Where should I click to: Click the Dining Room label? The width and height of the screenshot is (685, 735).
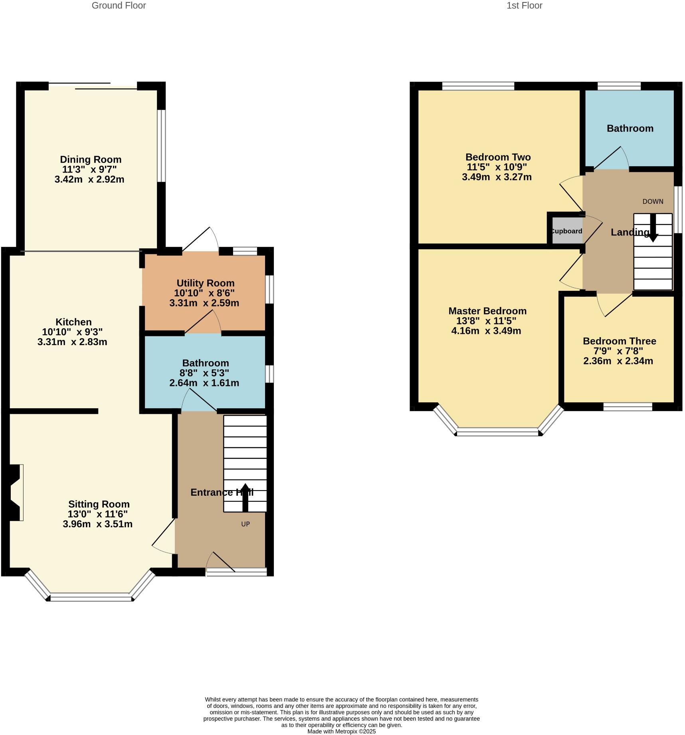tap(91, 159)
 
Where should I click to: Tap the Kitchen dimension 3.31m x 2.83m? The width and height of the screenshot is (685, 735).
tap(72, 342)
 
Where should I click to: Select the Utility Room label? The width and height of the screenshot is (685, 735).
tap(205, 283)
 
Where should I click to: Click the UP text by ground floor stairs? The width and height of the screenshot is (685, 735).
tap(245, 524)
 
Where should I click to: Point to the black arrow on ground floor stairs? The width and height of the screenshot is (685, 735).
tap(245, 497)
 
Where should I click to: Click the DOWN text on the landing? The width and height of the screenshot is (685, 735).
tap(653, 201)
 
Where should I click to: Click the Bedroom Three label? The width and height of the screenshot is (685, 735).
tap(619, 341)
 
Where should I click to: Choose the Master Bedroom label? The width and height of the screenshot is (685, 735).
tap(487, 311)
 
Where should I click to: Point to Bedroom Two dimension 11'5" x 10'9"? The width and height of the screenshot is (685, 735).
tap(497, 167)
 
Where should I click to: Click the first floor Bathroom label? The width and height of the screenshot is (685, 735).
tap(630, 128)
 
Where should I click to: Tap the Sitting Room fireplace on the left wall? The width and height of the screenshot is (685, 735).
tap(15, 493)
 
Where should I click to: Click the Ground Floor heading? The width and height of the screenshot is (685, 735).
tap(119, 6)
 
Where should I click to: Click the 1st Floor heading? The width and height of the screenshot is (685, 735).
tap(524, 6)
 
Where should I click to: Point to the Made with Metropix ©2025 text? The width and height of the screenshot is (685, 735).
tap(341, 731)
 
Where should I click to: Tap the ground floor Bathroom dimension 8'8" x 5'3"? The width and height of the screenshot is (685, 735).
tap(205, 373)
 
